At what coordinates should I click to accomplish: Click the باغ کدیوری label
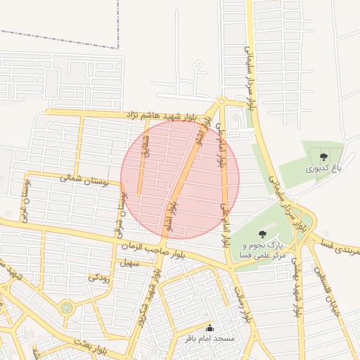(x=321, y=169)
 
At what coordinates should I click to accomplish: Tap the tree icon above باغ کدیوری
(x=323, y=157)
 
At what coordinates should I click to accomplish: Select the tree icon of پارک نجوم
(x=262, y=234)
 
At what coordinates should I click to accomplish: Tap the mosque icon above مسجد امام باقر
(x=210, y=328)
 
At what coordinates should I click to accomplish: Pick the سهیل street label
(x=130, y=263)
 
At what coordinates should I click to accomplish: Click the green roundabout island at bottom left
(x=66, y=307)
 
